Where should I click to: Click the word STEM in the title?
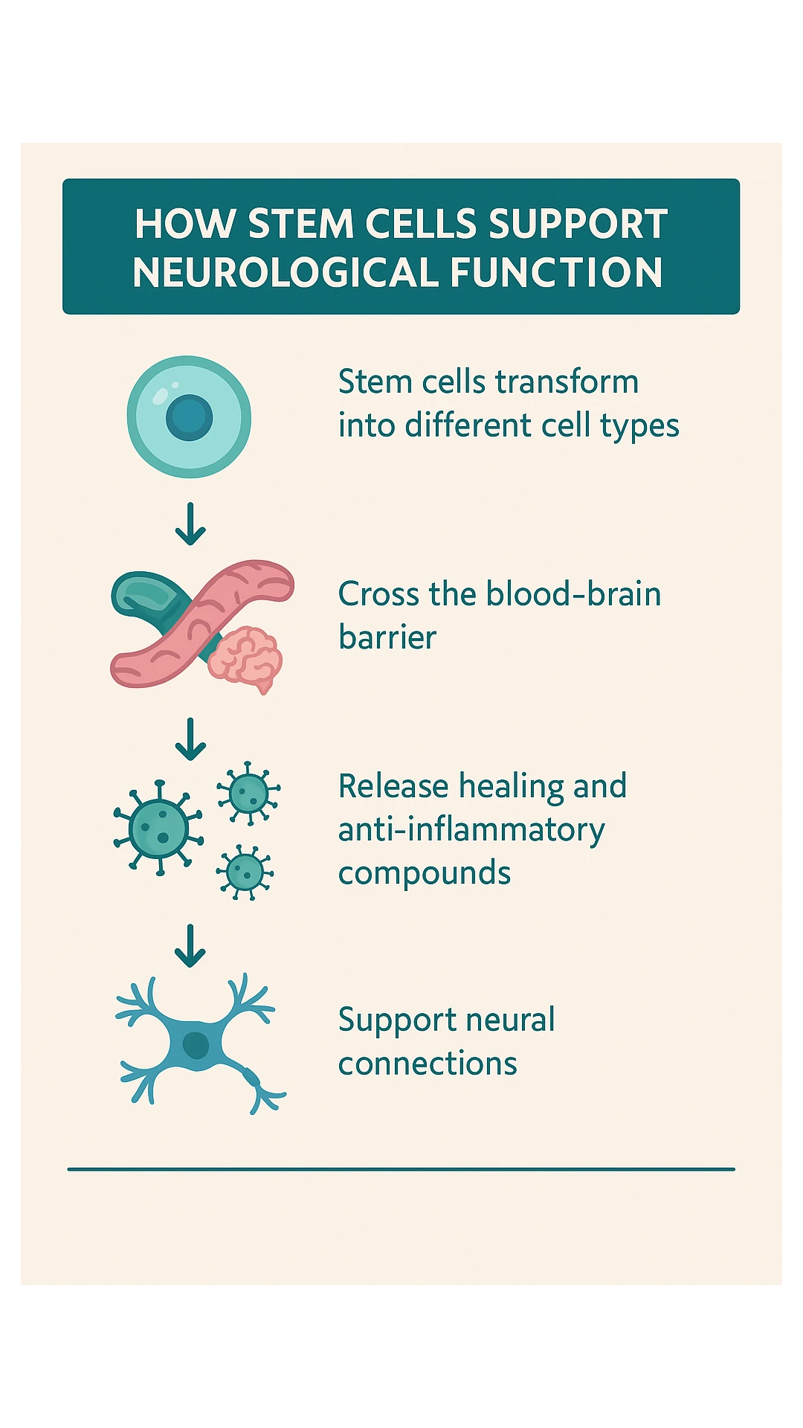pyautogui.click(x=300, y=224)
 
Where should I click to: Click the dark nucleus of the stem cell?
pyautogui.click(x=189, y=417)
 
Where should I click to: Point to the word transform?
pyautogui.click(x=567, y=382)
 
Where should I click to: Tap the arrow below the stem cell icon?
pyautogui.click(x=190, y=524)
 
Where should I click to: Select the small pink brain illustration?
pyautogui.click(x=245, y=657)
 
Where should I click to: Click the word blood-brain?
pyautogui.click(x=573, y=594)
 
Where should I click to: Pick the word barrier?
pyautogui.click(x=387, y=637)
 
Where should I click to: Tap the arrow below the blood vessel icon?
pyautogui.click(x=190, y=739)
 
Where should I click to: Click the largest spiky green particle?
pyautogui.click(x=158, y=828)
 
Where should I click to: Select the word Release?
pyautogui.click(x=393, y=786)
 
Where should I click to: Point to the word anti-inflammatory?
pyautogui.click(x=471, y=830)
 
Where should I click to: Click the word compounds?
pyautogui.click(x=424, y=873)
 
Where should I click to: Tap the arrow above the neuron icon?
pyautogui.click(x=190, y=945)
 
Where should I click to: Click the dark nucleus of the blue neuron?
pyautogui.click(x=196, y=1044)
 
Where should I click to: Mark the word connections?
pyautogui.click(x=428, y=1064)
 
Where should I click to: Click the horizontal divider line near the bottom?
pyautogui.click(x=401, y=1169)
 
